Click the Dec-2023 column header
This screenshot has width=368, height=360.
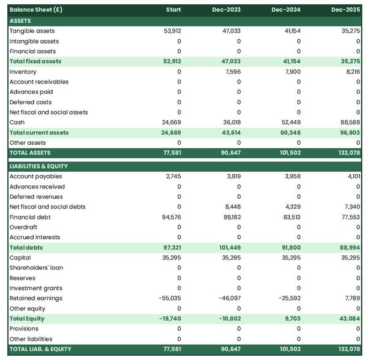coord(227,10)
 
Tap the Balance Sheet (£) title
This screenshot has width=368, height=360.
coord(36,10)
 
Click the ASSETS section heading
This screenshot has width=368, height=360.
coord(20,21)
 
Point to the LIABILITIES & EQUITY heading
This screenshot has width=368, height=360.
coord(39,166)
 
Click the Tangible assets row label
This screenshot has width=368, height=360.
coord(32,31)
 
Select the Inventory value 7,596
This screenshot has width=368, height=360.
coord(232,72)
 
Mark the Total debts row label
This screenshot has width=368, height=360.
coord(26,248)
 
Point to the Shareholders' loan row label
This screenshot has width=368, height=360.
coord(36,268)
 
